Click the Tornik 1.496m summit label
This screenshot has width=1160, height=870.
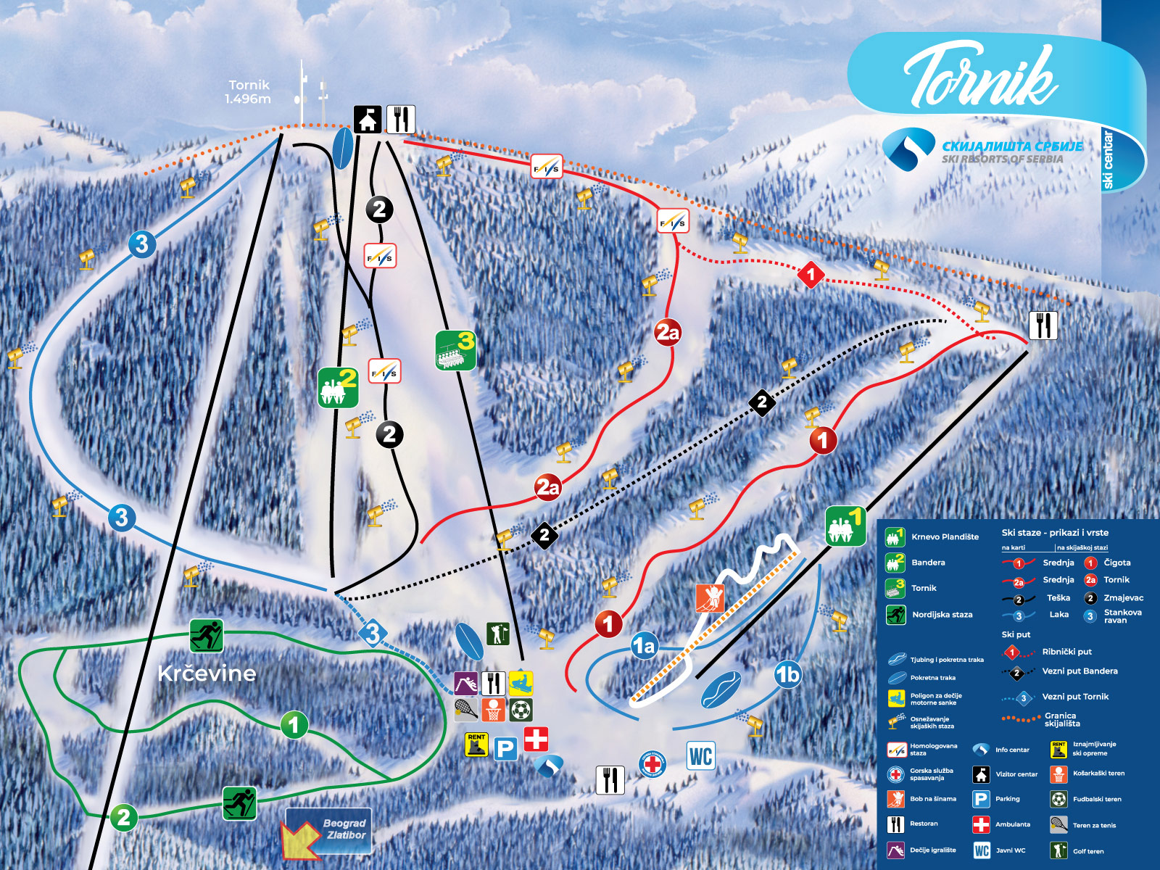249,91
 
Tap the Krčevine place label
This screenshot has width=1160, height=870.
207,674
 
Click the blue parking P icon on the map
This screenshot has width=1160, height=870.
505,748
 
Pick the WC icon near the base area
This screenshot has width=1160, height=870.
700,756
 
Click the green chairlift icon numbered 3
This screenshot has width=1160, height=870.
455,350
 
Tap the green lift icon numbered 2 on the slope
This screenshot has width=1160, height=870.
338,387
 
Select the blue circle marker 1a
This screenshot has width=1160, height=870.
643,645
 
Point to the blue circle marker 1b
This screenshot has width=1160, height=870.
787,674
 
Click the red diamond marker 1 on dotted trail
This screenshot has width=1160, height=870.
811,275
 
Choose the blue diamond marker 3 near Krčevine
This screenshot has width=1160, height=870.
373,633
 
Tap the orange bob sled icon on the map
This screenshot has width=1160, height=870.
710,597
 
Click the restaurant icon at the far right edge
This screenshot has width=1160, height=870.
1043,326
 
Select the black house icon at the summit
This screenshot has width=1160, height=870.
368,119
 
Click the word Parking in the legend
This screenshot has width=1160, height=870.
1007,799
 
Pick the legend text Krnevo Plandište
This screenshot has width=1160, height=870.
945,537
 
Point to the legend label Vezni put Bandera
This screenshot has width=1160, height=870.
1080,671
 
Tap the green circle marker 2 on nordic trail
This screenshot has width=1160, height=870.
123,818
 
